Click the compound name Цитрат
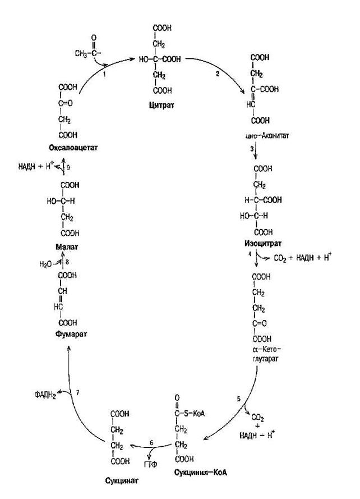click(x=163, y=104)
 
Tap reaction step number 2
click(x=218, y=74)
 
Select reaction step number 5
click(x=238, y=399)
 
